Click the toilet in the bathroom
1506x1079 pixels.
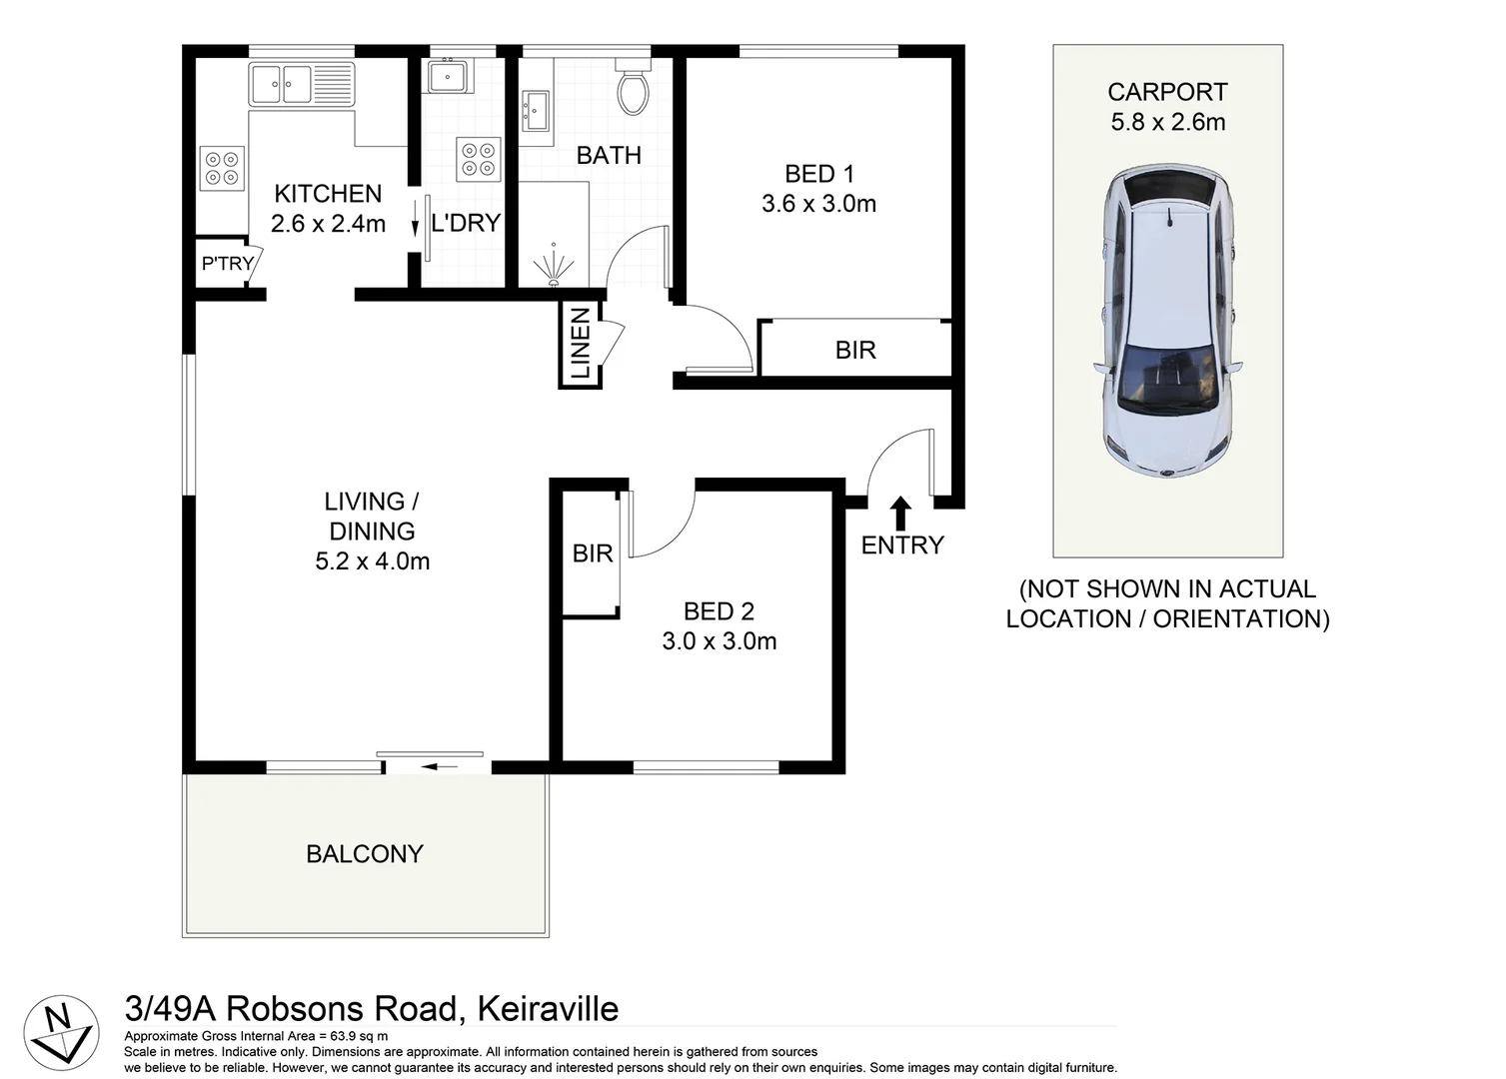click(633, 88)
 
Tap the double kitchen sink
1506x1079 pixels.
click(283, 84)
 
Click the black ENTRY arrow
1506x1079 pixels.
click(900, 513)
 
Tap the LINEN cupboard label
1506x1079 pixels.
click(581, 345)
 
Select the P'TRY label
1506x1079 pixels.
click(227, 264)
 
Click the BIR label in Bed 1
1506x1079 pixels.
click(855, 350)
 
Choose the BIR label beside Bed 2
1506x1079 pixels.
click(592, 553)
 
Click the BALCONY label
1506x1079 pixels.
click(365, 854)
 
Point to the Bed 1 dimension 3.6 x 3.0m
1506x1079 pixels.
click(818, 204)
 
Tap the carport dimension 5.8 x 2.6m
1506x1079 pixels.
click(1167, 122)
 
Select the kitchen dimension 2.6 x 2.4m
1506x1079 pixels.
click(328, 224)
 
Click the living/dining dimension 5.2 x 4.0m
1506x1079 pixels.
click(372, 561)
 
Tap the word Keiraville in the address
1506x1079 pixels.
click(548, 1008)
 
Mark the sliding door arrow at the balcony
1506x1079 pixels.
click(439, 767)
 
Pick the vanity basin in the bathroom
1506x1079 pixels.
click(535, 110)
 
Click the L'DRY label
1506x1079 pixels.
click(466, 224)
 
